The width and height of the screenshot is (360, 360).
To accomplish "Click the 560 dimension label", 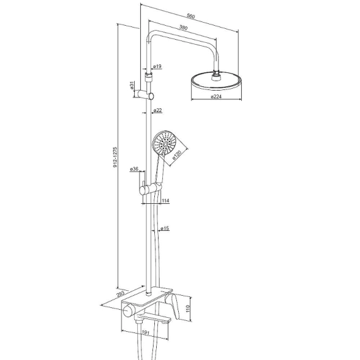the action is coord(191,16).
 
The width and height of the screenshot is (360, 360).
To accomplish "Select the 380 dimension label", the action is coord(184,28).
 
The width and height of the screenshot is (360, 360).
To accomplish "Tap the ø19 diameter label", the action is coord(157,66).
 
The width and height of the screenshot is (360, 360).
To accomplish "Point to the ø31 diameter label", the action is coord(132,85).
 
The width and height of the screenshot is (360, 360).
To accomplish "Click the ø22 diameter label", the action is coord(158,110).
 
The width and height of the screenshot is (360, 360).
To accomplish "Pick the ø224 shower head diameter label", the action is coord(216,97).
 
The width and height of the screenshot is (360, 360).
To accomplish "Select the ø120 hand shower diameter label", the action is coord(177,155).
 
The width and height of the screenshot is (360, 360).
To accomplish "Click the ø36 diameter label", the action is coord(134,169).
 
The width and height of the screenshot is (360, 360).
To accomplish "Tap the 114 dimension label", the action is coord(165,201).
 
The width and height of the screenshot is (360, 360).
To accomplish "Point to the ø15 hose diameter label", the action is coord(165,228).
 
